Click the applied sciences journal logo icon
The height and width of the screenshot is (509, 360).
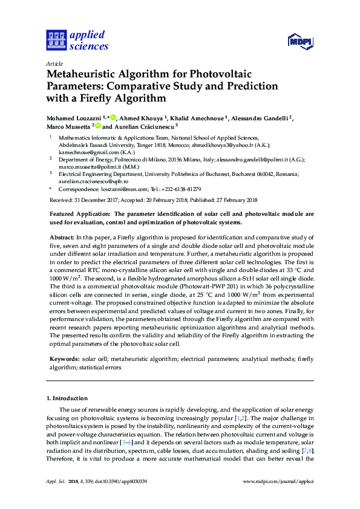[x=56, y=41]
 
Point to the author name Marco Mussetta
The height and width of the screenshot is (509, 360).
[x=68, y=128]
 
